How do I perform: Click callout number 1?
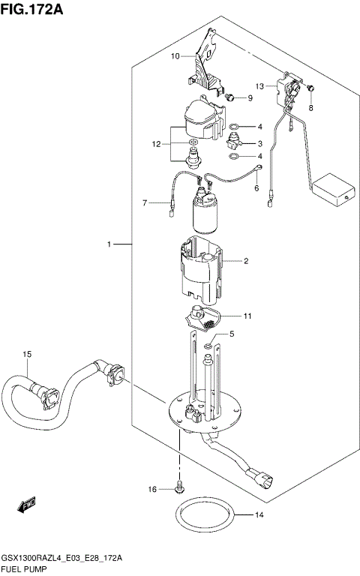tap(109, 244)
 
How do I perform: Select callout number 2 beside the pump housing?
tap(245, 261)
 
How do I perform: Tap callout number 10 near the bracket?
tap(174, 56)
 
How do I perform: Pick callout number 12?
tap(156, 143)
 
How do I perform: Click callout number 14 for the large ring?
tap(259, 515)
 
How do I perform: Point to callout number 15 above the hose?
tap(27, 353)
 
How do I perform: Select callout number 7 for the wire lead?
tap(147, 202)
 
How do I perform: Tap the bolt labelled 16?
tap(179, 489)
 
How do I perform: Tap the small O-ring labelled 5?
tap(207, 346)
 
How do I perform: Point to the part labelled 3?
tap(237, 142)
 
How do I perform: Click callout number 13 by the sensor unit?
tap(259, 86)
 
